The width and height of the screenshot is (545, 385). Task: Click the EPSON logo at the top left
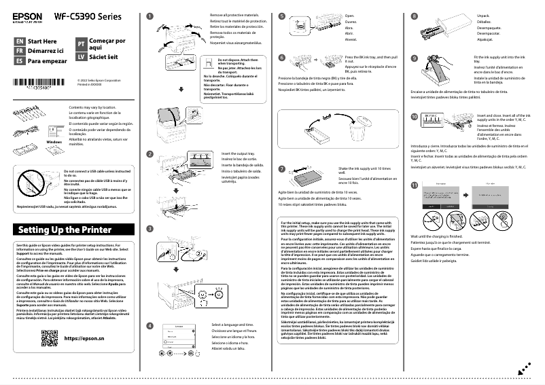[27, 15]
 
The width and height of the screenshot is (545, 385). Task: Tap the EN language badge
[19, 41]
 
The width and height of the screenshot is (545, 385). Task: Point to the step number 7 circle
[282, 168]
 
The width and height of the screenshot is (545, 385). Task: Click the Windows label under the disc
[54, 141]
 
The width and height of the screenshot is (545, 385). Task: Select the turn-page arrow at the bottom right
[523, 367]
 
